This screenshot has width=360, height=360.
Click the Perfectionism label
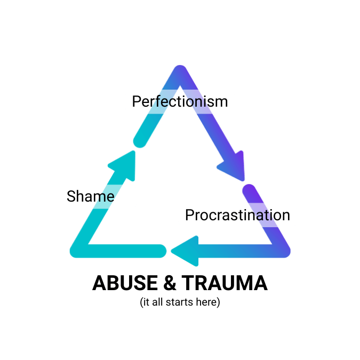(180, 101)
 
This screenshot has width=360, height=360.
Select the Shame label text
(90, 196)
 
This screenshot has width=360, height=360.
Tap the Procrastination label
(237, 215)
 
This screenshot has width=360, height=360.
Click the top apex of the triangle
(180, 70)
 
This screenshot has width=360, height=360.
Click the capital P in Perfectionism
(137, 101)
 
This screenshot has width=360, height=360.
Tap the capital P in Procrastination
(189, 215)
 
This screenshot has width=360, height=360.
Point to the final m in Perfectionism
(222, 101)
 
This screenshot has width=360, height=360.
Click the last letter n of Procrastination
(285, 215)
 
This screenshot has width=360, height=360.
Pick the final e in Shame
(109, 197)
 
